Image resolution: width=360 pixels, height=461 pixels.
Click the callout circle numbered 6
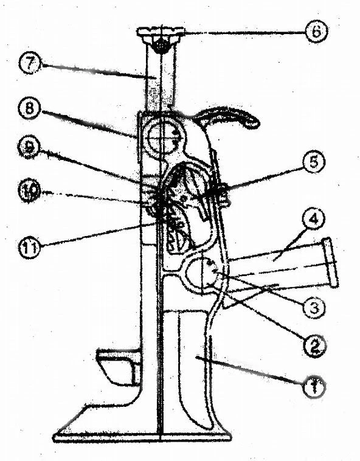[x=316, y=31]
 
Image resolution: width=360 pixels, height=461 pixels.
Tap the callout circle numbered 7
[x=30, y=63]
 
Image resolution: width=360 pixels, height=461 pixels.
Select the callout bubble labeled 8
[x=29, y=108]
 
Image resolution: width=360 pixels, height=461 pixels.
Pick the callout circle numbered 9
[x=29, y=148]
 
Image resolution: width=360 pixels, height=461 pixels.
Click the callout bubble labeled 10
[x=29, y=192]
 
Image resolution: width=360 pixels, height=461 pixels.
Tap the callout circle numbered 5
[x=314, y=162]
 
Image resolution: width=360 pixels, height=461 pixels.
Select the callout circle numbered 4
[x=314, y=219]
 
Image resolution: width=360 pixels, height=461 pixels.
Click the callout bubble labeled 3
[x=314, y=307]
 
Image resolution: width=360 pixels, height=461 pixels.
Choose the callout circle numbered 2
[x=314, y=345]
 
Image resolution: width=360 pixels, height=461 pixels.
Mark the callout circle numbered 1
[x=314, y=387]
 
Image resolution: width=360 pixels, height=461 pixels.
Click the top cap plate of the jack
[x=161, y=31]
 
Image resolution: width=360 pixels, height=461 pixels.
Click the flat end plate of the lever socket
[x=330, y=262]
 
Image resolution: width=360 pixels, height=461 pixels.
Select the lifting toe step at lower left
[x=117, y=367]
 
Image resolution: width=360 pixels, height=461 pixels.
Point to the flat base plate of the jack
[x=142, y=438]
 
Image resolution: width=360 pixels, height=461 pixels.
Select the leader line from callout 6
[x=244, y=33]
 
